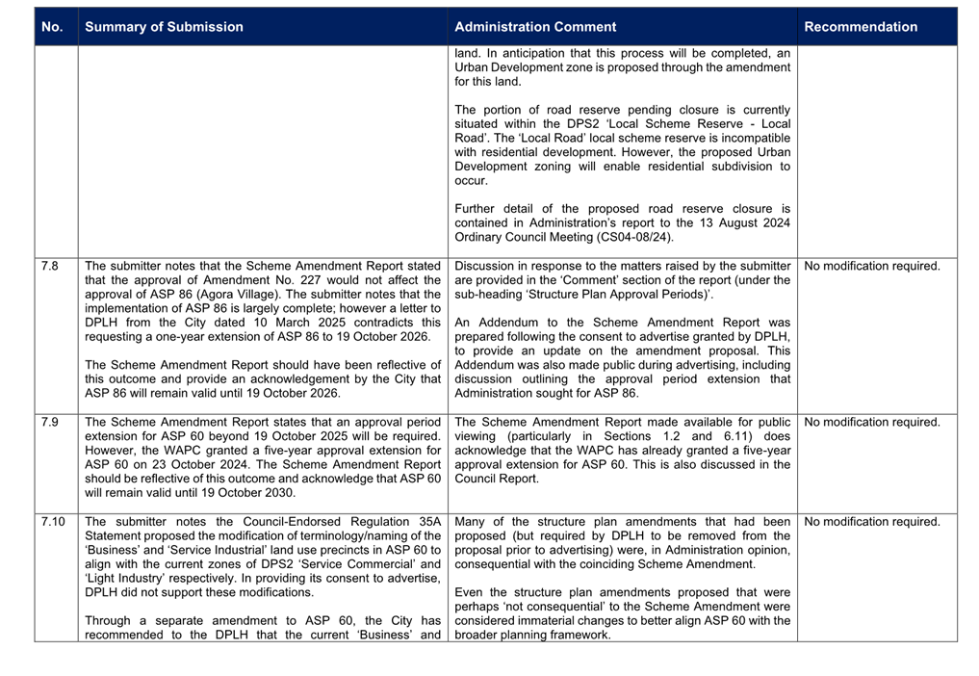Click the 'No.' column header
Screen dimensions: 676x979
pos(53,27)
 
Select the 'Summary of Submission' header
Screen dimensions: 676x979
pos(164,27)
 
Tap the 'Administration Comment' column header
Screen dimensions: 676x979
pos(535,27)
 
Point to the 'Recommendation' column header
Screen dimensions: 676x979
pos(861,27)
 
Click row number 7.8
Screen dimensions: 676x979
pos(51,266)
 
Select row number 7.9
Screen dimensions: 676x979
pos(51,422)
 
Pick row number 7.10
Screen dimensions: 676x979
pos(53,522)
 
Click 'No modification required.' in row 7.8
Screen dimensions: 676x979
pos(871,266)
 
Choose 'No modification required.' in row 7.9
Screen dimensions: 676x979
pos(871,422)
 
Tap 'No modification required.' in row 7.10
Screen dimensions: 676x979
pos(871,522)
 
